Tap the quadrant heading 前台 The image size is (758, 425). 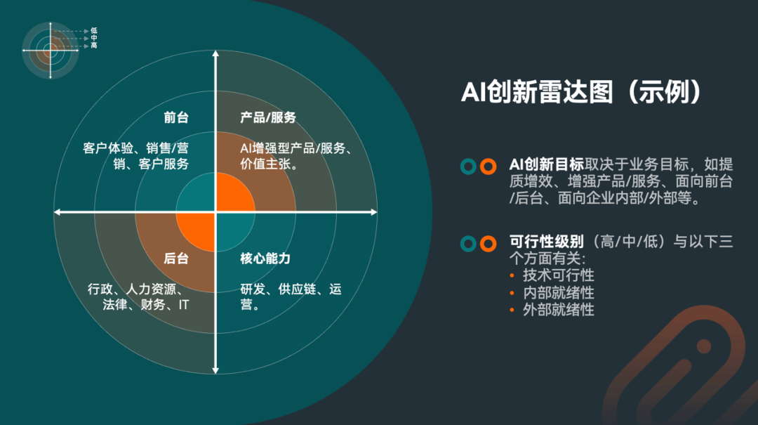pyautogui.click(x=176, y=118)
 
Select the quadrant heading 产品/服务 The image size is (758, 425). pyautogui.click(x=268, y=118)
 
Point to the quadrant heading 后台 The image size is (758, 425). pyautogui.click(x=176, y=259)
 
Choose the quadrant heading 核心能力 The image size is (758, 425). pyautogui.click(x=265, y=259)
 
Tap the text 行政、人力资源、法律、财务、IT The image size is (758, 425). pyautogui.click(x=138, y=297)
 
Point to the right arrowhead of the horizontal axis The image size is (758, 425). pyautogui.click(x=373, y=211)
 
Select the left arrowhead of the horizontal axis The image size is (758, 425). pyautogui.click(x=58, y=211)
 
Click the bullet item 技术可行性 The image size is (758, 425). pyautogui.click(x=558, y=275)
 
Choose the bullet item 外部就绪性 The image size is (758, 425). pyautogui.click(x=558, y=309)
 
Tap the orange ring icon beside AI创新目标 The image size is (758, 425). pyautogui.click(x=488, y=166)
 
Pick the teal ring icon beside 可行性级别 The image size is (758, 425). pyautogui.click(x=468, y=244)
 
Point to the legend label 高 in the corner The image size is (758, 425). pyautogui.click(x=94, y=46)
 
